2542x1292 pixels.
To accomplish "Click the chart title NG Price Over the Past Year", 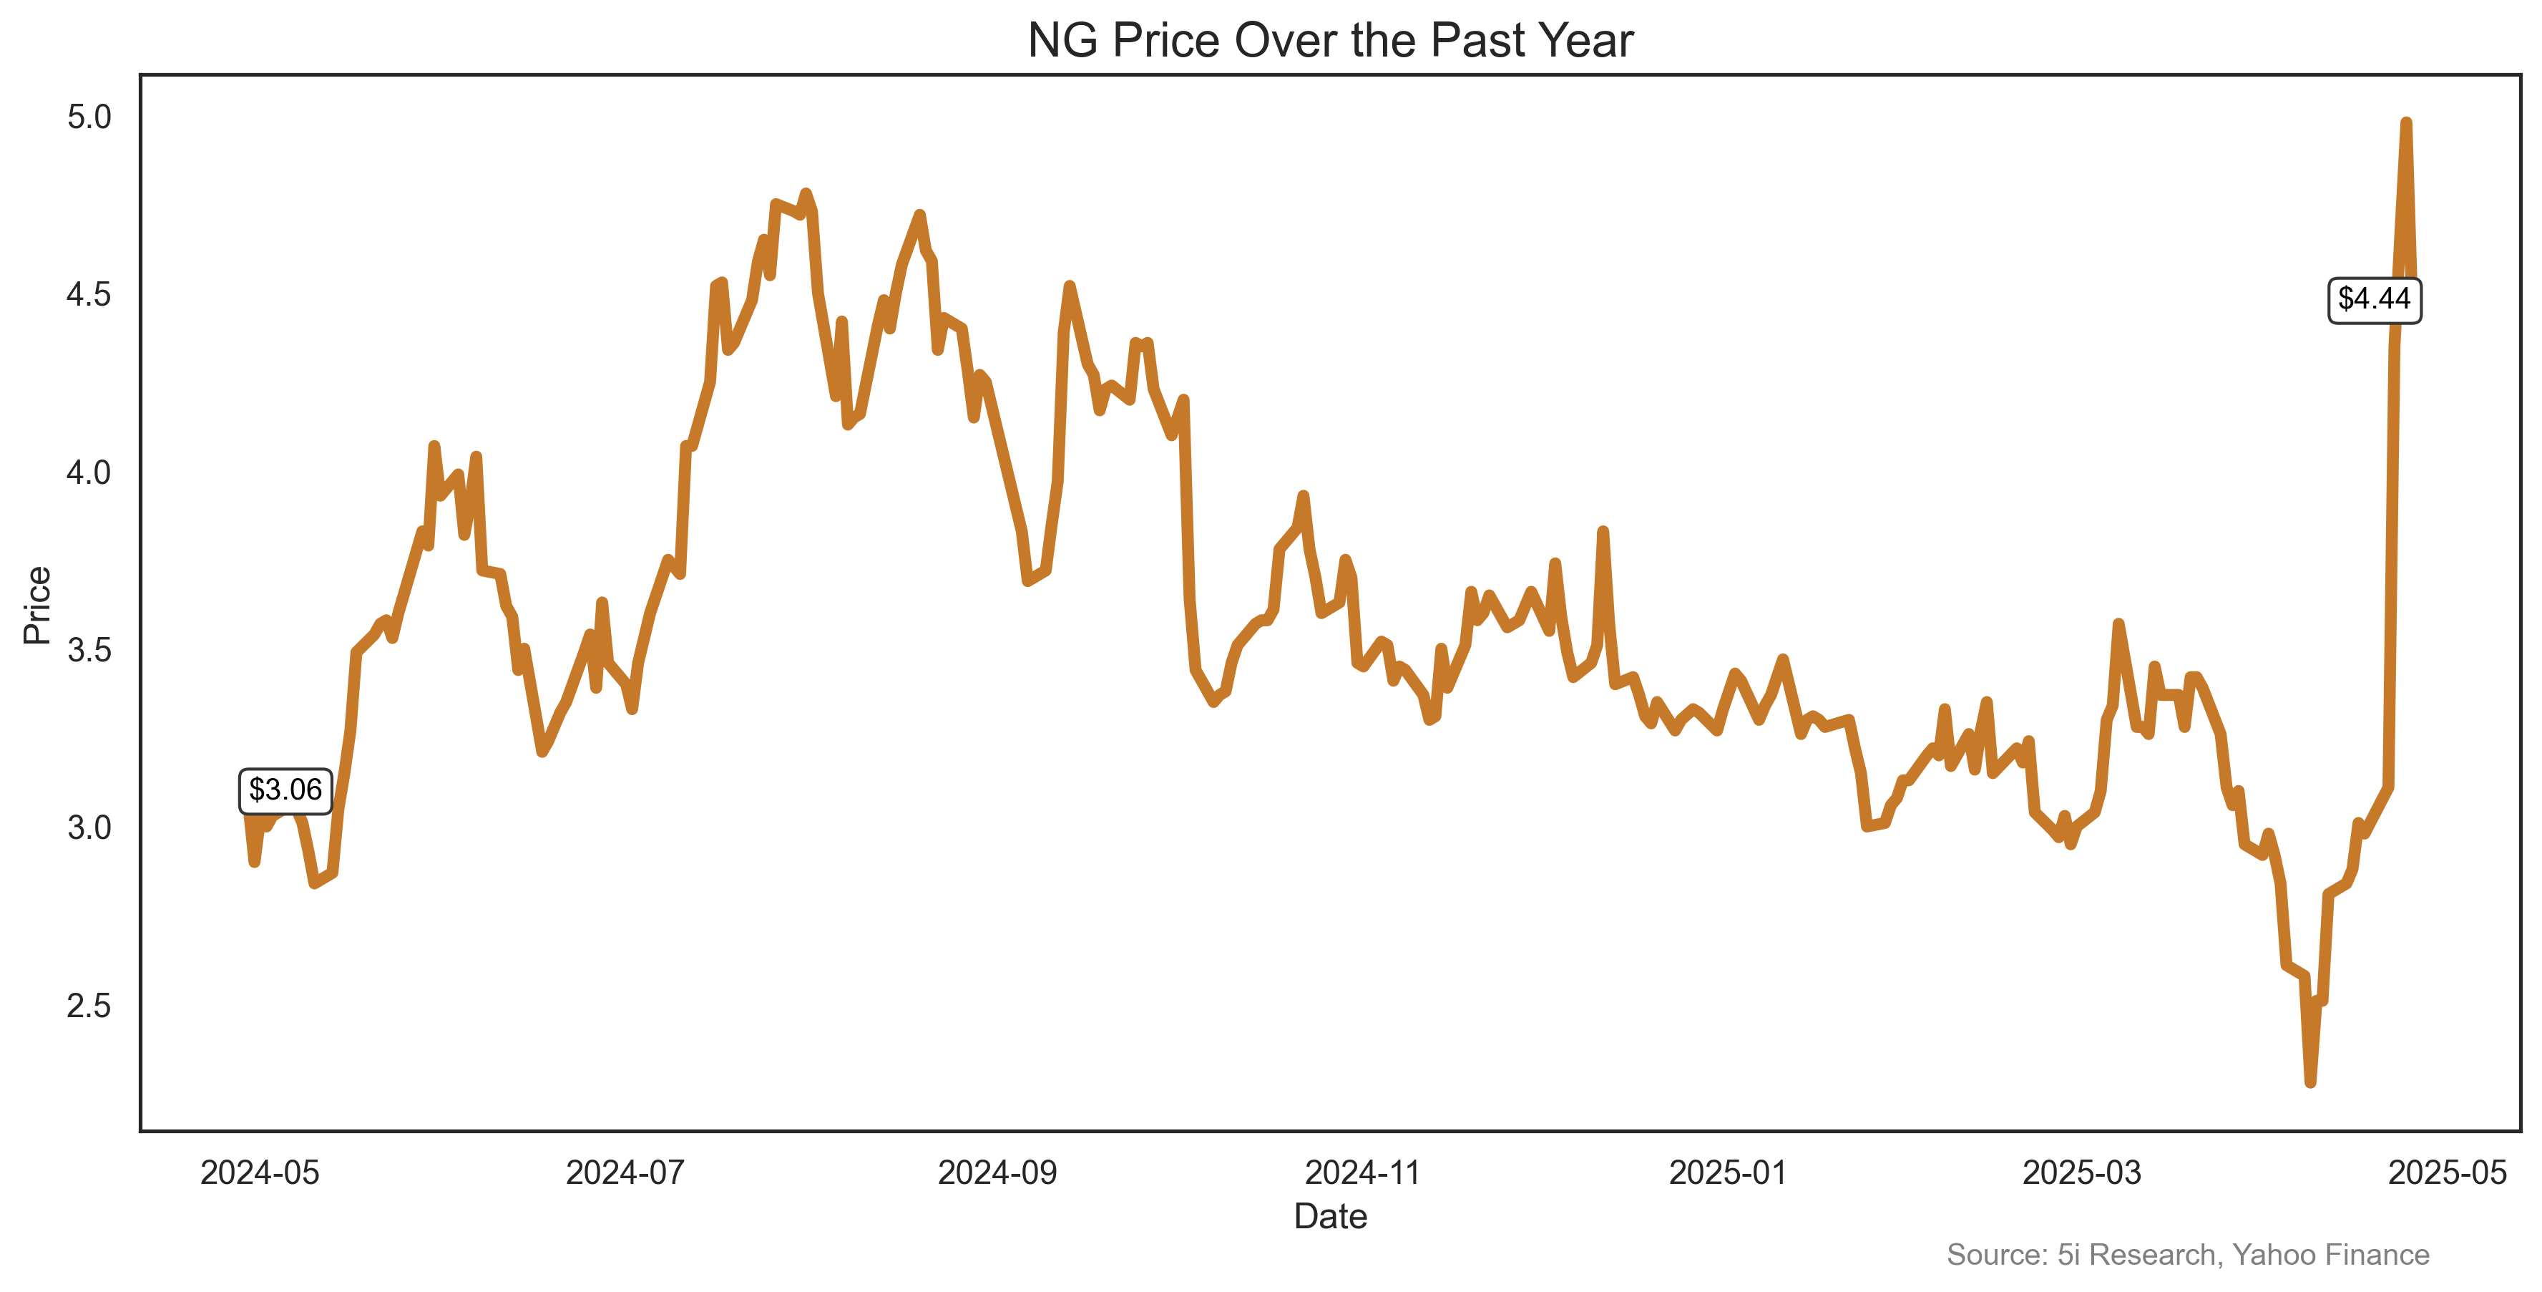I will (1329, 41).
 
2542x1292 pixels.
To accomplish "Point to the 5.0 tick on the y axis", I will (89, 117).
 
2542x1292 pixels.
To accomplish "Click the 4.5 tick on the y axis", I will (89, 294).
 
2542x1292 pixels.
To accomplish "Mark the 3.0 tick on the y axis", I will (89, 827).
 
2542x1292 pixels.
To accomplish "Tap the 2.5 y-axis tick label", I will (89, 1005).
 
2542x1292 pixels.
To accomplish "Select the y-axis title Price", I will (37, 605).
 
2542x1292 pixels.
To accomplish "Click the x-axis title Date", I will (1329, 1216).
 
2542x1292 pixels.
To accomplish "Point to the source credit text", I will (2186, 1255).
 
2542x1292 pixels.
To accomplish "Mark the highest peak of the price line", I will (2406, 122).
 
